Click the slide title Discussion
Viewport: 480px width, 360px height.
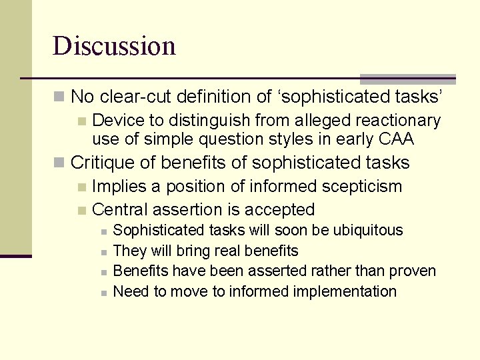(114, 46)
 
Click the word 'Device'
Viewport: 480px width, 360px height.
(115, 121)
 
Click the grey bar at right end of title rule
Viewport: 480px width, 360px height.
(407, 79)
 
